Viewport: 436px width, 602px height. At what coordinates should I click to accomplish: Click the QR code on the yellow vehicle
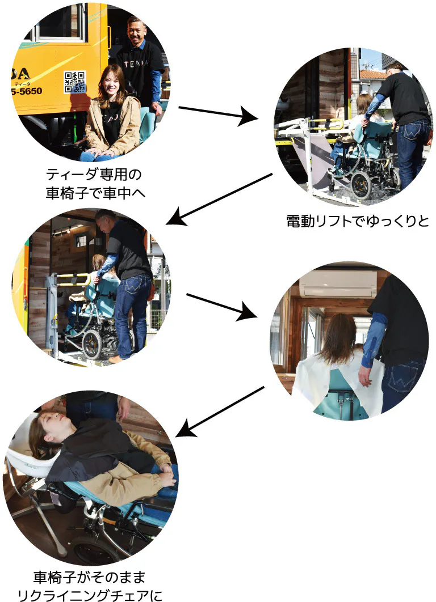coord(75,82)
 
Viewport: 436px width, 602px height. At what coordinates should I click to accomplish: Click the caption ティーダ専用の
coord(94,175)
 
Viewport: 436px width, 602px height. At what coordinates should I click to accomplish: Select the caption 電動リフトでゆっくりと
coord(358,221)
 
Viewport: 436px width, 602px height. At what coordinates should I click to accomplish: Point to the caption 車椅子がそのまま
coord(90,577)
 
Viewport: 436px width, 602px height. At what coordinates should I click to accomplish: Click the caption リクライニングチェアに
coord(90,595)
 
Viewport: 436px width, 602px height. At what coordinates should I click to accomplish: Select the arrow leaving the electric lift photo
coord(219,200)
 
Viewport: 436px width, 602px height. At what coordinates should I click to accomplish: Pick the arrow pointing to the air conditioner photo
coord(221,306)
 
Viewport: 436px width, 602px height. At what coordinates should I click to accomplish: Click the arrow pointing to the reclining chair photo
coord(220,412)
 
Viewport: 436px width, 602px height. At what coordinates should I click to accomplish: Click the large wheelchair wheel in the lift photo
coord(361,185)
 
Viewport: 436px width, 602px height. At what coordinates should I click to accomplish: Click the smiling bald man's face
coord(137,33)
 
